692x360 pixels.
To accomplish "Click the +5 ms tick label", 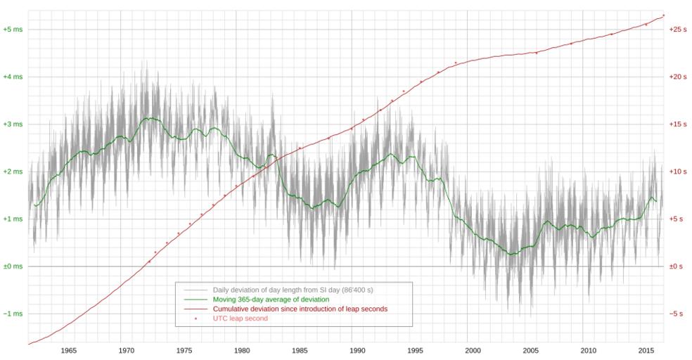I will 13,30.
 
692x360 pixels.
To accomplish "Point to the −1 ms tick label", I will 13,314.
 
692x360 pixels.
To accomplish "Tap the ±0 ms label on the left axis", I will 13,266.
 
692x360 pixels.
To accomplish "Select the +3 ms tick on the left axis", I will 13,124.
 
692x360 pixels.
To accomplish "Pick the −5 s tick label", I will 676,314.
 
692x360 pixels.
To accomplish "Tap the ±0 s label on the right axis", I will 676,266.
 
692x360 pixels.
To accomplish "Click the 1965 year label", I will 68,350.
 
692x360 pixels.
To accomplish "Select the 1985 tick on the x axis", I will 299,350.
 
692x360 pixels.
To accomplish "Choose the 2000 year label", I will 473,350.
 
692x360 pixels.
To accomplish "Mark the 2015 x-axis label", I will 646,350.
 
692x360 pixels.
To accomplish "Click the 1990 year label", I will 357,350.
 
